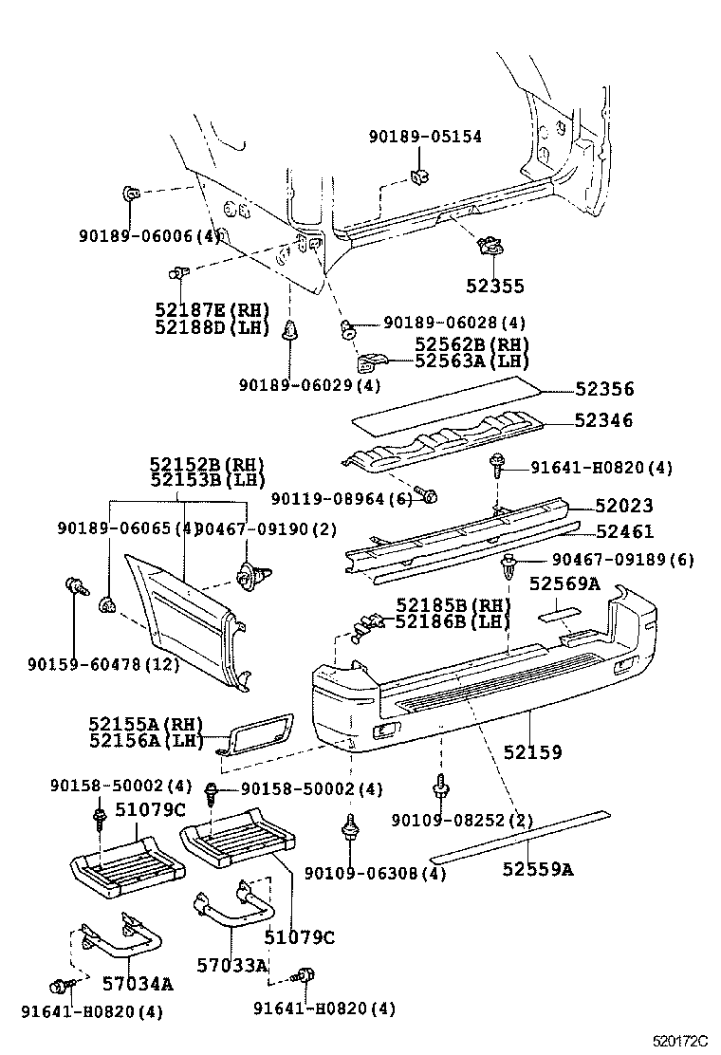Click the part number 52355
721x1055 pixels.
(494, 286)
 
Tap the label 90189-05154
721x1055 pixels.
(424, 137)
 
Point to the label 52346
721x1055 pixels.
(603, 420)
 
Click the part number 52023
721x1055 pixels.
(623, 507)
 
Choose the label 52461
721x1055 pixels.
(623, 532)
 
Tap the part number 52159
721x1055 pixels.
(532, 752)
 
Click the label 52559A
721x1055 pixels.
(537, 868)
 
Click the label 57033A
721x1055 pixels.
(232, 965)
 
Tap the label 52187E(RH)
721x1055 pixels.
(212, 309)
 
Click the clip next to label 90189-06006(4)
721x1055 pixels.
(131, 194)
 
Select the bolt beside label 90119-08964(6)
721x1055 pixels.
(428, 496)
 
